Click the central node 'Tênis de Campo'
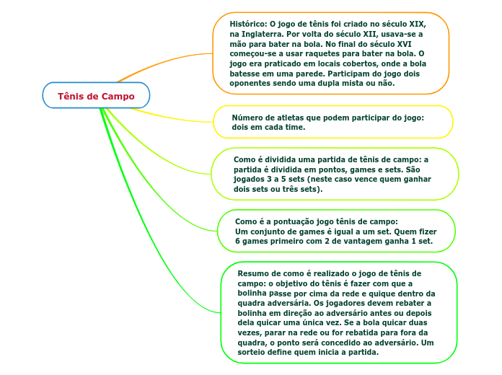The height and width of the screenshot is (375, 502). [96, 96]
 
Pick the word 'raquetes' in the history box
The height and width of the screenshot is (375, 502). [333, 53]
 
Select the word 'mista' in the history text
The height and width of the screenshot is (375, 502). [346, 83]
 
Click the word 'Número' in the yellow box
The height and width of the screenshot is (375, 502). [249, 117]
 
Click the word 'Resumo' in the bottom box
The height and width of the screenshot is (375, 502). [254, 273]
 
